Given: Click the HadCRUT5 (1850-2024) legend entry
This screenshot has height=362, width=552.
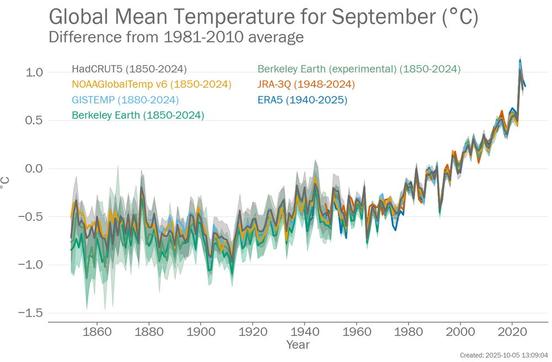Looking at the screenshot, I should click(x=129, y=69).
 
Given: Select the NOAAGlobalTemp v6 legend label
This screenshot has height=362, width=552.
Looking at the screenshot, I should click(x=151, y=85).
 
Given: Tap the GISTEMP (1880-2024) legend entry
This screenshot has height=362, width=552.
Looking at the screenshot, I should click(x=125, y=100).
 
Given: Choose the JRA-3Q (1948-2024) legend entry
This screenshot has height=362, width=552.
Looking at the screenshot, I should click(x=306, y=85).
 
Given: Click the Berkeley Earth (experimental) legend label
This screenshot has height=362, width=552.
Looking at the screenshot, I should click(x=359, y=69).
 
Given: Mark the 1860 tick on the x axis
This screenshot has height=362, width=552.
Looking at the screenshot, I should click(x=97, y=333).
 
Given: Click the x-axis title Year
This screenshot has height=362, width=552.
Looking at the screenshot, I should click(x=298, y=345).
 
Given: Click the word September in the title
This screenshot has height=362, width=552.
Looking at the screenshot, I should click(x=380, y=18).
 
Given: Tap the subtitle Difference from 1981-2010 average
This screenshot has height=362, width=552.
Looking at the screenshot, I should click(x=176, y=37).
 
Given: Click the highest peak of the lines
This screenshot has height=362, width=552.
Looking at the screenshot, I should click(x=519, y=60).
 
